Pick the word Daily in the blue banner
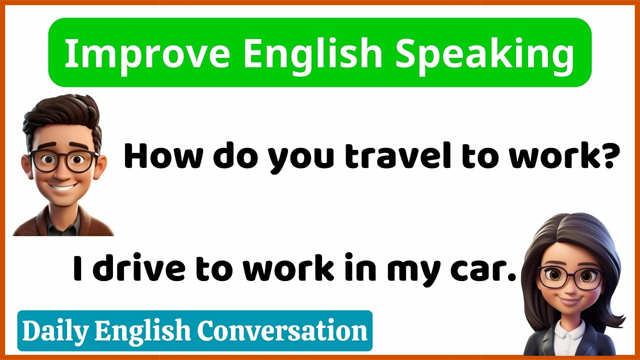point(55,331)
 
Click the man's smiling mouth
point(63,188)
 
